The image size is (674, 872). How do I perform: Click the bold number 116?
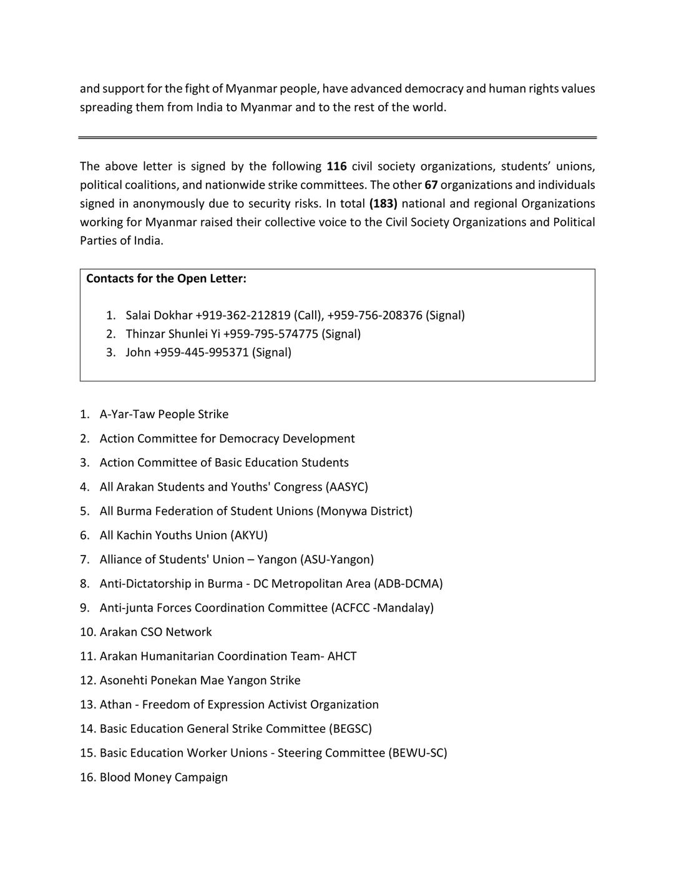tap(336, 166)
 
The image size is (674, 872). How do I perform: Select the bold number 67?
tap(431, 185)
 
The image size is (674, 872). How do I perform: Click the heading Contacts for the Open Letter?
tap(166, 278)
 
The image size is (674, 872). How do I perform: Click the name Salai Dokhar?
tap(159, 315)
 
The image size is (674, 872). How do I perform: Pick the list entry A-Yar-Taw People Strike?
tap(164, 414)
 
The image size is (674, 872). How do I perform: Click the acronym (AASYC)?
tap(347, 487)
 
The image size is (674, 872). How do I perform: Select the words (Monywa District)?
tap(364, 511)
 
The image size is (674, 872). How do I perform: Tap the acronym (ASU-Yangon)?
tap(337, 559)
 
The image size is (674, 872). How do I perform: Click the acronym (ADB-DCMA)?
tap(408, 584)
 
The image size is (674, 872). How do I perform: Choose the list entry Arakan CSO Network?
tap(155, 632)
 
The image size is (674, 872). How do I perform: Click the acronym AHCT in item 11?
tap(342, 656)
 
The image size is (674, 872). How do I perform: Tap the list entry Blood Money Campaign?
tap(164, 777)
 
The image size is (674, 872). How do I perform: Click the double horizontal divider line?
tap(337, 137)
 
